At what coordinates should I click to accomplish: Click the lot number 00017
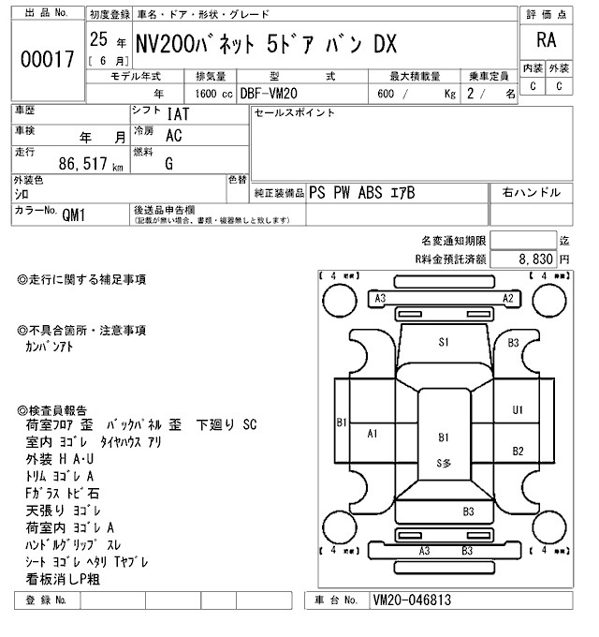click(x=46, y=60)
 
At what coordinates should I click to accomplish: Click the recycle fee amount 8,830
click(x=536, y=259)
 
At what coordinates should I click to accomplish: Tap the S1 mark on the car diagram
click(x=444, y=343)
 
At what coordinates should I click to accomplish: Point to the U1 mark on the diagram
click(x=518, y=409)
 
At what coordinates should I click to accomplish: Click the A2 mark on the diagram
click(x=508, y=299)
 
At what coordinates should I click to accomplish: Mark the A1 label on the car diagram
click(x=373, y=433)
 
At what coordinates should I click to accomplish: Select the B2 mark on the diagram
click(x=518, y=452)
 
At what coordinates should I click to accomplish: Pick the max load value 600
click(x=386, y=94)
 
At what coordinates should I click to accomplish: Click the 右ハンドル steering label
click(x=532, y=192)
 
